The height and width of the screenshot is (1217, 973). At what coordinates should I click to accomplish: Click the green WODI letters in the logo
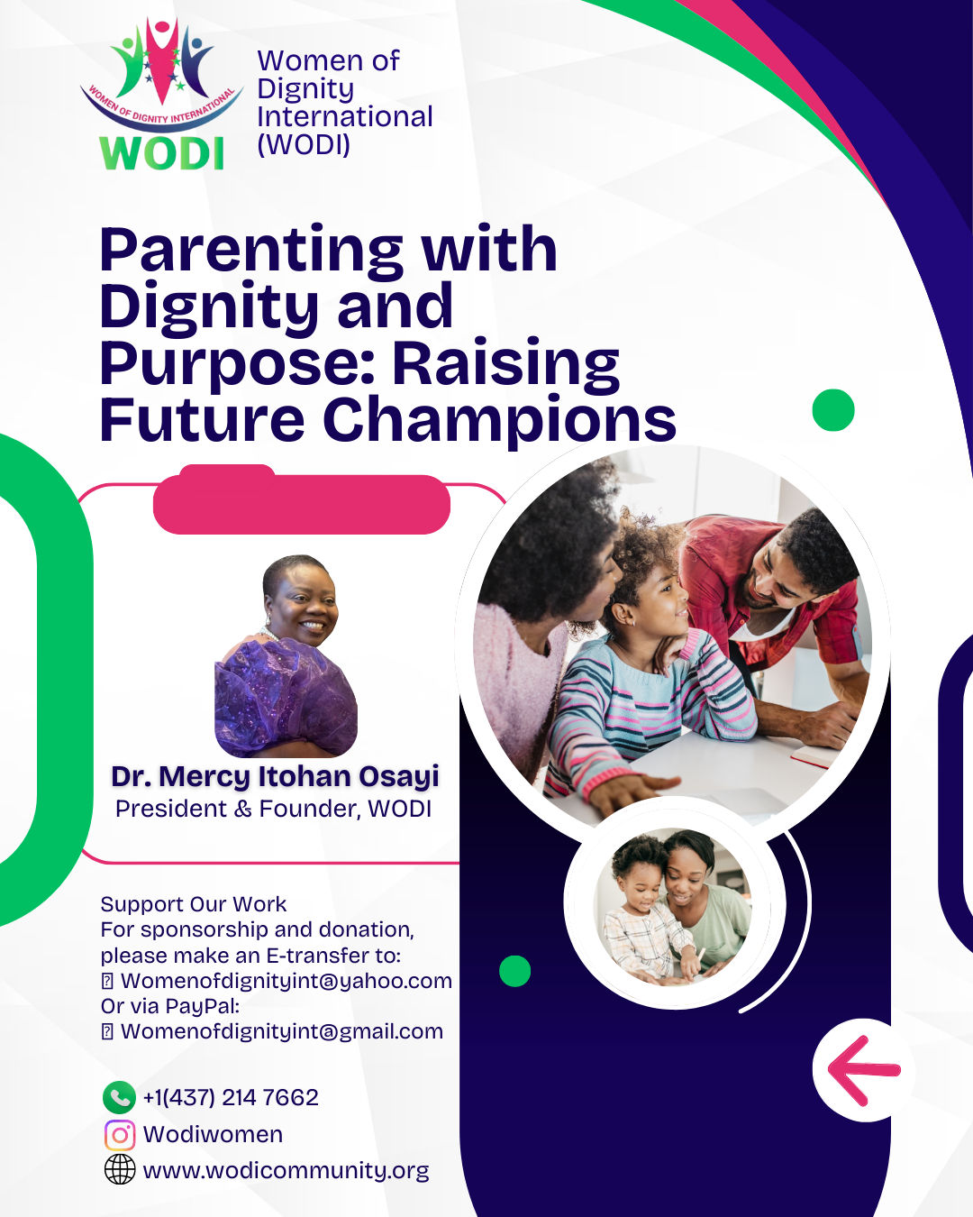pos(161,152)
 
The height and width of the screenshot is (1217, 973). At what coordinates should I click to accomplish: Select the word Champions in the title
pos(500,421)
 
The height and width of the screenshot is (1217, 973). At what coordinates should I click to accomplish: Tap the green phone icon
pos(119,1097)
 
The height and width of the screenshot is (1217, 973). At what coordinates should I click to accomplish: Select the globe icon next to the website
pos(120,1169)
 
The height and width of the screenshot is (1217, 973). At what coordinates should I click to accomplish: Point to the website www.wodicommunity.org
pos(286,1170)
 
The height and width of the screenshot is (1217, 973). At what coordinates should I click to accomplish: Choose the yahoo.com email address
pos(286,981)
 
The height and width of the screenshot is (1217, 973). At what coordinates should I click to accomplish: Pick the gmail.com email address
pos(282,1031)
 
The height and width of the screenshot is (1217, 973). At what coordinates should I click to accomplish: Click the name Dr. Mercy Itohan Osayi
pos(275,777)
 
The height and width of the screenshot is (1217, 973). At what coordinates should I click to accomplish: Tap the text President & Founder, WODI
pos(273,809)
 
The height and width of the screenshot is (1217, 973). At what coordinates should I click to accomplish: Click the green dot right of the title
pos(832,410)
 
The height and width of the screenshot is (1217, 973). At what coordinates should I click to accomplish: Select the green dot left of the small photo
pos(515,971)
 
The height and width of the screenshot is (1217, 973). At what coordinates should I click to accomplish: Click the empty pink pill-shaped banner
pos(301,501)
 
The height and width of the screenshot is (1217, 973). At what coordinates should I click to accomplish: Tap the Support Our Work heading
pos(194,904)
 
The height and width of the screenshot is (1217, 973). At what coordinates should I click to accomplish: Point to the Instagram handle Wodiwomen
pos(213,1134)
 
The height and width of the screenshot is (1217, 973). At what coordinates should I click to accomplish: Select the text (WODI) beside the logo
pos(304,145)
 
